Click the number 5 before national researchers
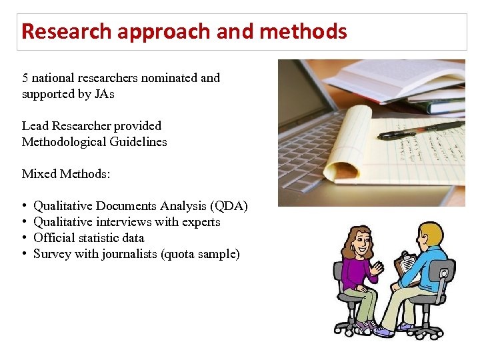tap(25, 78)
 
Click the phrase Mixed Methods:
tap(66, 174)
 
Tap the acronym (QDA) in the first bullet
tap(227, 206)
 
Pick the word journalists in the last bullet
tap(130, 254)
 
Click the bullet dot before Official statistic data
tap(25, 238)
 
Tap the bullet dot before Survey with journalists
tap(25, 254)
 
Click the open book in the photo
tap(400, 77)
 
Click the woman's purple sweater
tap(361, 273)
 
